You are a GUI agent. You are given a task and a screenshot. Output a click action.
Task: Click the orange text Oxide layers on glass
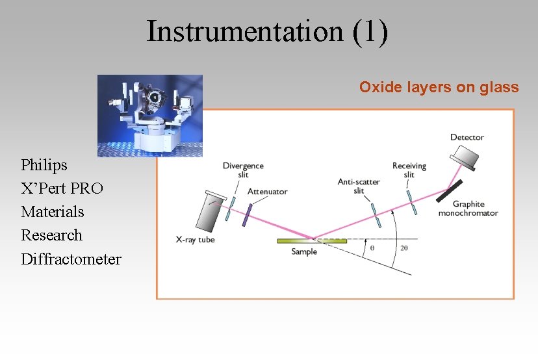click(x=439, y=87)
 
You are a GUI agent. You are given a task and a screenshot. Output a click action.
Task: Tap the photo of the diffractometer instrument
click(x=150, y=115)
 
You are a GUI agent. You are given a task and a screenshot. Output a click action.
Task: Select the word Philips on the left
click(x=44, y=165)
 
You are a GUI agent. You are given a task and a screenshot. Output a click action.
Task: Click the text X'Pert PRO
click(x=62, y=188)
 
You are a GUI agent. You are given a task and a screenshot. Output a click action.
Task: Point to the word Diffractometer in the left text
click(x=71, y=259)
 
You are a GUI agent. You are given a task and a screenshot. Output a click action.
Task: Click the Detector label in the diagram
click(x=467, y=137)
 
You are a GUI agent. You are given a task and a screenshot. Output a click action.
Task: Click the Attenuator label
click(x=267, y=192)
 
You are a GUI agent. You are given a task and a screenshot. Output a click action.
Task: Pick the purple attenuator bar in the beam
click(x=246, y=214)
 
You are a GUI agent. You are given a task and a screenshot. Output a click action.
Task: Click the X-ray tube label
click(x=195, y=239)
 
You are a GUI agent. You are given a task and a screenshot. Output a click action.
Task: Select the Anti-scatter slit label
click(x=359, y=186)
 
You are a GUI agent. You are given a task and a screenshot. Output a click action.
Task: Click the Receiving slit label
click(x=409, y=170)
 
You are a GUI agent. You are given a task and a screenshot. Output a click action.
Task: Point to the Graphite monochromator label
click(x=468, y=209)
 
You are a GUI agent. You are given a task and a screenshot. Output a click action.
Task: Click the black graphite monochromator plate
click(x=449, y=190)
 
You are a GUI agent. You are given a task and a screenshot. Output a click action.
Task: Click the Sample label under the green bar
click(x=304, y=251)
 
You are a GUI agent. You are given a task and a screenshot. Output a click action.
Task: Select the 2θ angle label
click(x=404, y=248)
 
